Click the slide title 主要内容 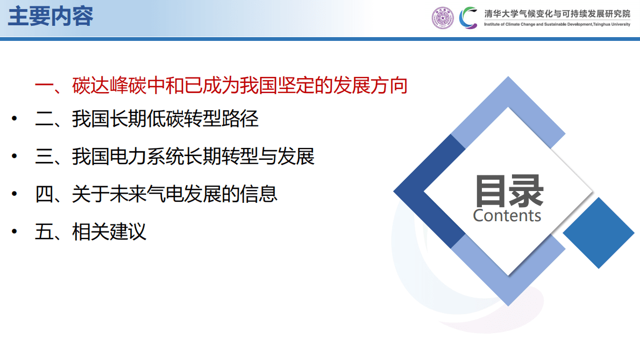pos(51,17)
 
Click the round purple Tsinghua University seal pos(443,18)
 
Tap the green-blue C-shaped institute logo pos(468,18)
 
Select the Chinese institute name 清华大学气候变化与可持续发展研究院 pos(557,14)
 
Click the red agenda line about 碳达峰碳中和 pos(221,86)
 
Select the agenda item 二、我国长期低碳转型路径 pos(147,119)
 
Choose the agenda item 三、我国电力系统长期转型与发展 pos(175,157)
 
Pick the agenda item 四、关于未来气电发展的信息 pos(156,194)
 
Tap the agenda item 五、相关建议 pos(90,231)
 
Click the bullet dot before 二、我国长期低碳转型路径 pos(15,119)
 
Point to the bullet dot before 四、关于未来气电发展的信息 pos(15,194)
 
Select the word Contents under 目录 pos(507,216)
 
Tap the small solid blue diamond pos(599,233)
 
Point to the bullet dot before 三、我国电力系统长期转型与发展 pos(15,157)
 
